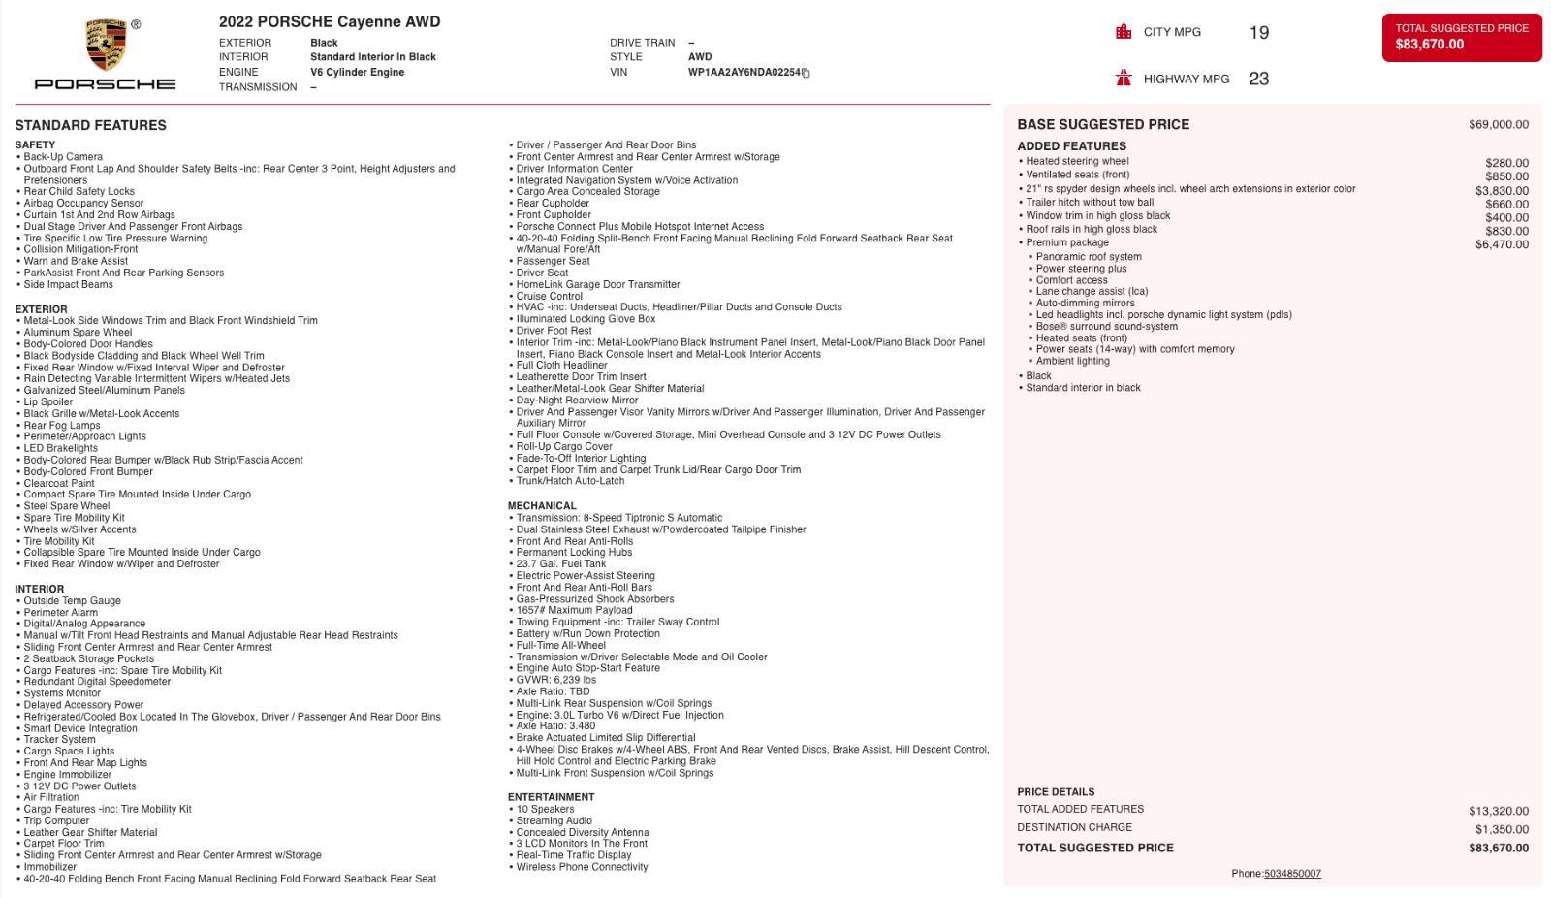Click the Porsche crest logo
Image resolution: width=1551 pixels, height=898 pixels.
point(106,45)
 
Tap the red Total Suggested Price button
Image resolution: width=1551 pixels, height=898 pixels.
point(1461,37)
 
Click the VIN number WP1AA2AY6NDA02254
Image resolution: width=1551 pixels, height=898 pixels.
point(744,72)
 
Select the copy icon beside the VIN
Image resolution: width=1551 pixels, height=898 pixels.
point(806,73)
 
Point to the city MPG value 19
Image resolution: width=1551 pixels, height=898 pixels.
point(1258,33)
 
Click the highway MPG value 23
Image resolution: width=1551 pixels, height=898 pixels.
point(1258,80)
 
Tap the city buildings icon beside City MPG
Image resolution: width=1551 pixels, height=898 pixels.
point(1124,32)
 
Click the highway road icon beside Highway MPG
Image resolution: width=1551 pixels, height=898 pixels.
point(1124,79)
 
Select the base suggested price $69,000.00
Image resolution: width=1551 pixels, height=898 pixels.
point(1498,124)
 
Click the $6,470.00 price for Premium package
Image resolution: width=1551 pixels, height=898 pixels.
point(1502,244)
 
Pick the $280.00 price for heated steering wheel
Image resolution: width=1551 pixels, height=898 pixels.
point(1506,163)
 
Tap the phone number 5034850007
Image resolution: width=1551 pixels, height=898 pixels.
point(1292,874)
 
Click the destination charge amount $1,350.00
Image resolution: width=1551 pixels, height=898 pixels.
point(1502,829)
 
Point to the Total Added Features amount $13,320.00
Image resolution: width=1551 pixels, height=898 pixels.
point(1498,811)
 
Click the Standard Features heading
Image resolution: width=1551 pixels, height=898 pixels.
point(90,125)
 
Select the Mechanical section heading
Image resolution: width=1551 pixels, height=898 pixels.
point(542,506)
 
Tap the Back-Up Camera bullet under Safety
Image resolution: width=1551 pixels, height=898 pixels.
point(63,157)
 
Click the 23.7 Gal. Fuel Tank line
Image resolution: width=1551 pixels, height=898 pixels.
point(560,564)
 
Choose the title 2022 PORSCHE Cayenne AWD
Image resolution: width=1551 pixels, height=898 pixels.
point(330,21)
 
